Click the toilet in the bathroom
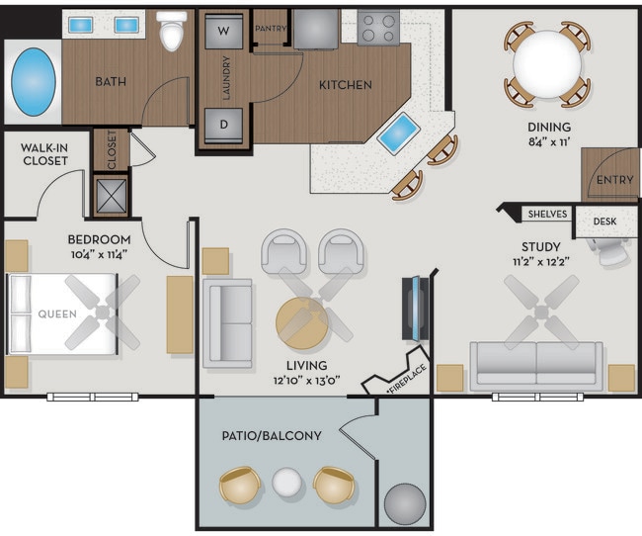tap(173, 32)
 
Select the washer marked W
tap(222, 31)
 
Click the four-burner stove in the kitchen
tap(377, 29)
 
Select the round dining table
tap(547, 64)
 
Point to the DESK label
tap(604, 221)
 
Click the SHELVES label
tap(546, 214)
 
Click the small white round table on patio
tap(286, 484)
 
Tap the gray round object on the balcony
tap(404, 503)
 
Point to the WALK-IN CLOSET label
tap(44, 153)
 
